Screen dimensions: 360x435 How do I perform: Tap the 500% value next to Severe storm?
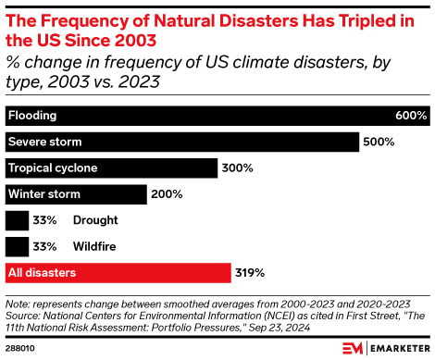pyautogui.click(x=379, y=142)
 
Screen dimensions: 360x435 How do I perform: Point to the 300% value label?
pyautogui.click(x=237, y=168)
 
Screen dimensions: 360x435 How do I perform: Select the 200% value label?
pyautogui.click(x=167, y=194)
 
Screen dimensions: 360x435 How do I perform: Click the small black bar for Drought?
pyautogui.click(x=16, y=220)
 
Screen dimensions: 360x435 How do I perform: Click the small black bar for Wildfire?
pyautogui.click(x=16, y=247)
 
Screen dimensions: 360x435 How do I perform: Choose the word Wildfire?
pyautogui.click(x=95, y=247)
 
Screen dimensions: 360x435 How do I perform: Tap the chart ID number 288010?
pyautogui.click(x=20, y=348)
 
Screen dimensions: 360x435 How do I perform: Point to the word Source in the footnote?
pyautogui.click(x=24, y=316)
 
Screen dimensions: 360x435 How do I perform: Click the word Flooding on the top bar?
pyautogui.click(x=32, y=116)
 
